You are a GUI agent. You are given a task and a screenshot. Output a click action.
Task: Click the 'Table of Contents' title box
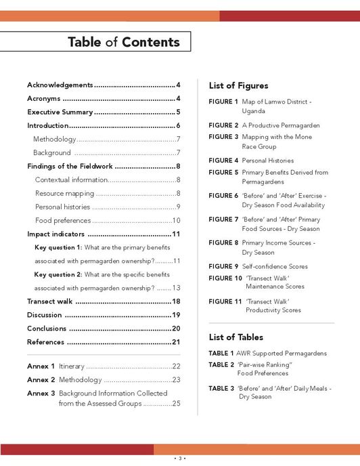[123, 42]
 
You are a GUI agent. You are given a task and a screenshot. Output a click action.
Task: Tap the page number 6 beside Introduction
[178, 125]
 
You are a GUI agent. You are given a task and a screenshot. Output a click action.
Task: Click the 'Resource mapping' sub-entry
[64, 193]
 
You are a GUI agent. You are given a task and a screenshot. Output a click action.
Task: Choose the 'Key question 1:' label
[58, 247]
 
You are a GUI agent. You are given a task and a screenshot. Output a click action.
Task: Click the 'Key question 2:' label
[58, 274]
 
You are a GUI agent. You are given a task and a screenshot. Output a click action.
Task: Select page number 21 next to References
[176, 342]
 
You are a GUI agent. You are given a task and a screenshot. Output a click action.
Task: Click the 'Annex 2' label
[41, 379]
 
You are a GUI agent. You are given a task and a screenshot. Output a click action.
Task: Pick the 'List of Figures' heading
[238, 86]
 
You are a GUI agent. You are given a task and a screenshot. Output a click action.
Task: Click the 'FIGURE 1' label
[223, 102]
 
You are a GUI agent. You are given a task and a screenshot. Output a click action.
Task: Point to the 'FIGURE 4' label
[223, 161]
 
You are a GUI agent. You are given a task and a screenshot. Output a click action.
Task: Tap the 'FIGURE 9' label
[223, 266]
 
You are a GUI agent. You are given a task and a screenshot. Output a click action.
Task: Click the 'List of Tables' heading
[235, 337]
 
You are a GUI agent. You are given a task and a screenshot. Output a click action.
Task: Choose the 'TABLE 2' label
[221, 364]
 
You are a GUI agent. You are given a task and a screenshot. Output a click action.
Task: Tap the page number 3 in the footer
[179, 459]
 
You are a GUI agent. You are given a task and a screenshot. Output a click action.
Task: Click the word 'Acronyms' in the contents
[44, 98]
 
